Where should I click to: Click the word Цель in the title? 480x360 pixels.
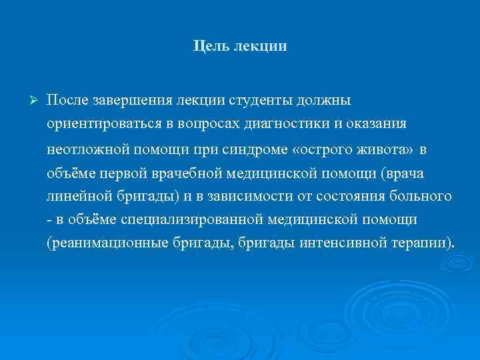[x=209, y=47]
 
